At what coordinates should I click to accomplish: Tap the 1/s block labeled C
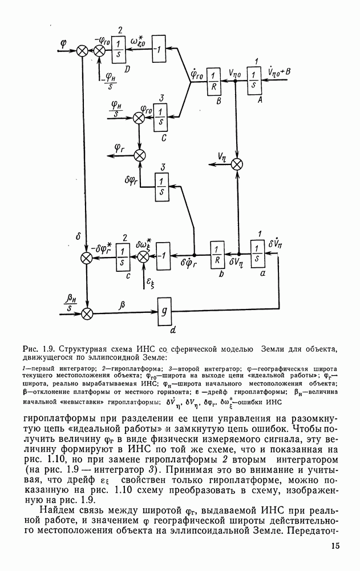[x=161, y=118]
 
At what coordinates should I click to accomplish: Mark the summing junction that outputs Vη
[x=236, y=164]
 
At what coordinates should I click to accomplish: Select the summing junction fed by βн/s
[x=87, y=313]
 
